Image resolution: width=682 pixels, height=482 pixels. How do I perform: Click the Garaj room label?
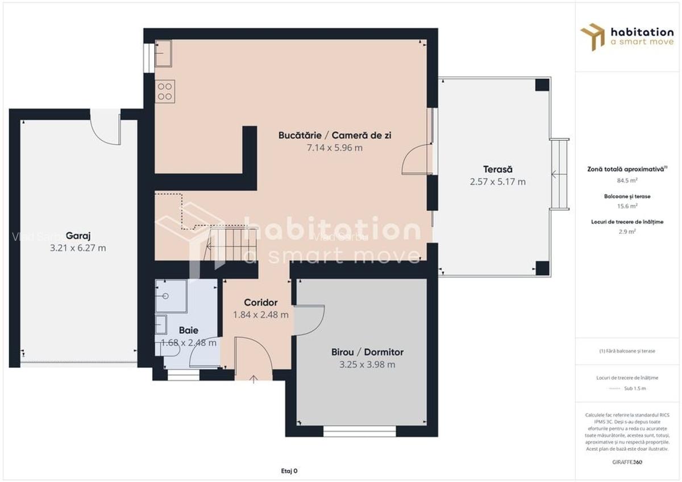pos(78,236)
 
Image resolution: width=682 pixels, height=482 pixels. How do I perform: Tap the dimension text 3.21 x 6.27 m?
pos(78,248)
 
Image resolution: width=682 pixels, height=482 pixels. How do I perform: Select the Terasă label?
pos(498,169)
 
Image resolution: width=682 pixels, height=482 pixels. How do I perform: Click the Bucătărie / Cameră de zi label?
pos(334,135)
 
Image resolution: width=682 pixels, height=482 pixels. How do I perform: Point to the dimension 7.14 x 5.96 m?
pos(334,148)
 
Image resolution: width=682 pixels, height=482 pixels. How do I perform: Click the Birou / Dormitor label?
pos(367,352)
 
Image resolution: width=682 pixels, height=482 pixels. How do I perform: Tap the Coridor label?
pos(260,302)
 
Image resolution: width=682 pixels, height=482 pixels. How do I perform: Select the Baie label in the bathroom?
pos(188,330)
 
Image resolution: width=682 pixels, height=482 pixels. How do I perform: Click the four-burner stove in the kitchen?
pos(165,91)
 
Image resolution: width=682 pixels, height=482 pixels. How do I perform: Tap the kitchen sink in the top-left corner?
pos(164,54)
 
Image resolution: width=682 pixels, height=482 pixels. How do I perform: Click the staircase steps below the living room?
pos(230,244)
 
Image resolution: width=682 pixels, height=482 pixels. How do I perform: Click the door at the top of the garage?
pos(106,128)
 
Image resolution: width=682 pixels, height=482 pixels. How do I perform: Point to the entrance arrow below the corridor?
pos(253,379)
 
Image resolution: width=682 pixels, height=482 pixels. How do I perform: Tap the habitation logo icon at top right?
pos(593,36)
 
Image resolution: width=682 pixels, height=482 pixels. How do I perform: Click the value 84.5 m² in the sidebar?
pos(627,181)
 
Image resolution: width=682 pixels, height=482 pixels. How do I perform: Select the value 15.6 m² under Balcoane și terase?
pos(627,206)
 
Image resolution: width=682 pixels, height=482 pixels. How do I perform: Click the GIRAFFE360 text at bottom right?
pos(627,462)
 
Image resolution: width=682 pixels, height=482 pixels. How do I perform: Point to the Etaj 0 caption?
pos(289,471)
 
